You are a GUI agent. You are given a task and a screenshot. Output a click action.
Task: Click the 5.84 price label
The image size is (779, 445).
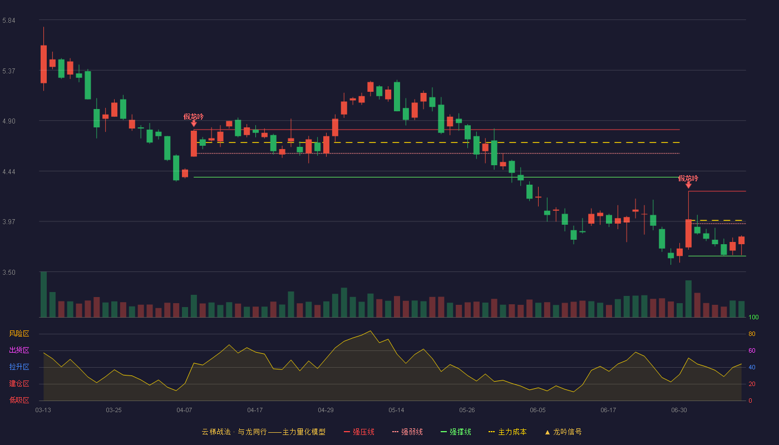pos(9,21)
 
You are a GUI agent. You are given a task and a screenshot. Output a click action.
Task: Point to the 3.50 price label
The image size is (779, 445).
pos(9,273)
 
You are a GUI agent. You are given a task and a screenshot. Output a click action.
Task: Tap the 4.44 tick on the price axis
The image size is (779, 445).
pos(9,172)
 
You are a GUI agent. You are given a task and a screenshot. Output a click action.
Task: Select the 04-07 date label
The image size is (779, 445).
pos(184,411)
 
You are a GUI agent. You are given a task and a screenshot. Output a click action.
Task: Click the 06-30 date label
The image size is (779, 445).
pos(679,411)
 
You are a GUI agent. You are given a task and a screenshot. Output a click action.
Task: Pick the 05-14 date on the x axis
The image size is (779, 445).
pos(396,411)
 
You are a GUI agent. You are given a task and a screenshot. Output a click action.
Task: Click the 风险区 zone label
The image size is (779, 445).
pos(19,334)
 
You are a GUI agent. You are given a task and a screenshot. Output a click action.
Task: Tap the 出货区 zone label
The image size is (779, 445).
pos(19,350)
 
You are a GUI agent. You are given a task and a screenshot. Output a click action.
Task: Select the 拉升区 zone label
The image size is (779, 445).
pos(19,367)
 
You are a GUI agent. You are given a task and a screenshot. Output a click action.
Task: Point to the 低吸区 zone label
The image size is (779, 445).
pos(19,400)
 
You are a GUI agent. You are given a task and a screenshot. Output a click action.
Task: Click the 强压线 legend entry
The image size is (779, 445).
pos(359,432)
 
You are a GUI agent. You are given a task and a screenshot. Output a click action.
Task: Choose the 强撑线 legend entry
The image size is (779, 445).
pos(456,432)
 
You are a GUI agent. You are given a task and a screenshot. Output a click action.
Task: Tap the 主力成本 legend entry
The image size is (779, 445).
pos(507,432)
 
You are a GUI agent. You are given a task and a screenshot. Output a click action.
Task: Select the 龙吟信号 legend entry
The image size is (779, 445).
pos(563,432)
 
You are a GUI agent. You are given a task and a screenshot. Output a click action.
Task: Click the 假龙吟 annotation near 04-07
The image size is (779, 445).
pos(194,116)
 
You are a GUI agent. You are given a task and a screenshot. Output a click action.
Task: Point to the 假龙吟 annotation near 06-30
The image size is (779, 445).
pos(688,179)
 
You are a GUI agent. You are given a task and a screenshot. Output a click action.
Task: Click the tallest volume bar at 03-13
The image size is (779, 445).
pos(43,294)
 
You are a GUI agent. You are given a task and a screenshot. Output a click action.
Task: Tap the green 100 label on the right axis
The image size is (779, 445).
pos(753,317)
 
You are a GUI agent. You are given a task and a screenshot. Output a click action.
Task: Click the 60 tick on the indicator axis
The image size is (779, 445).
pos(752,350)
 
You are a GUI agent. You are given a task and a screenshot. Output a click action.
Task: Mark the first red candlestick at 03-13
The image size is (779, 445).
pos(43,65)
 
